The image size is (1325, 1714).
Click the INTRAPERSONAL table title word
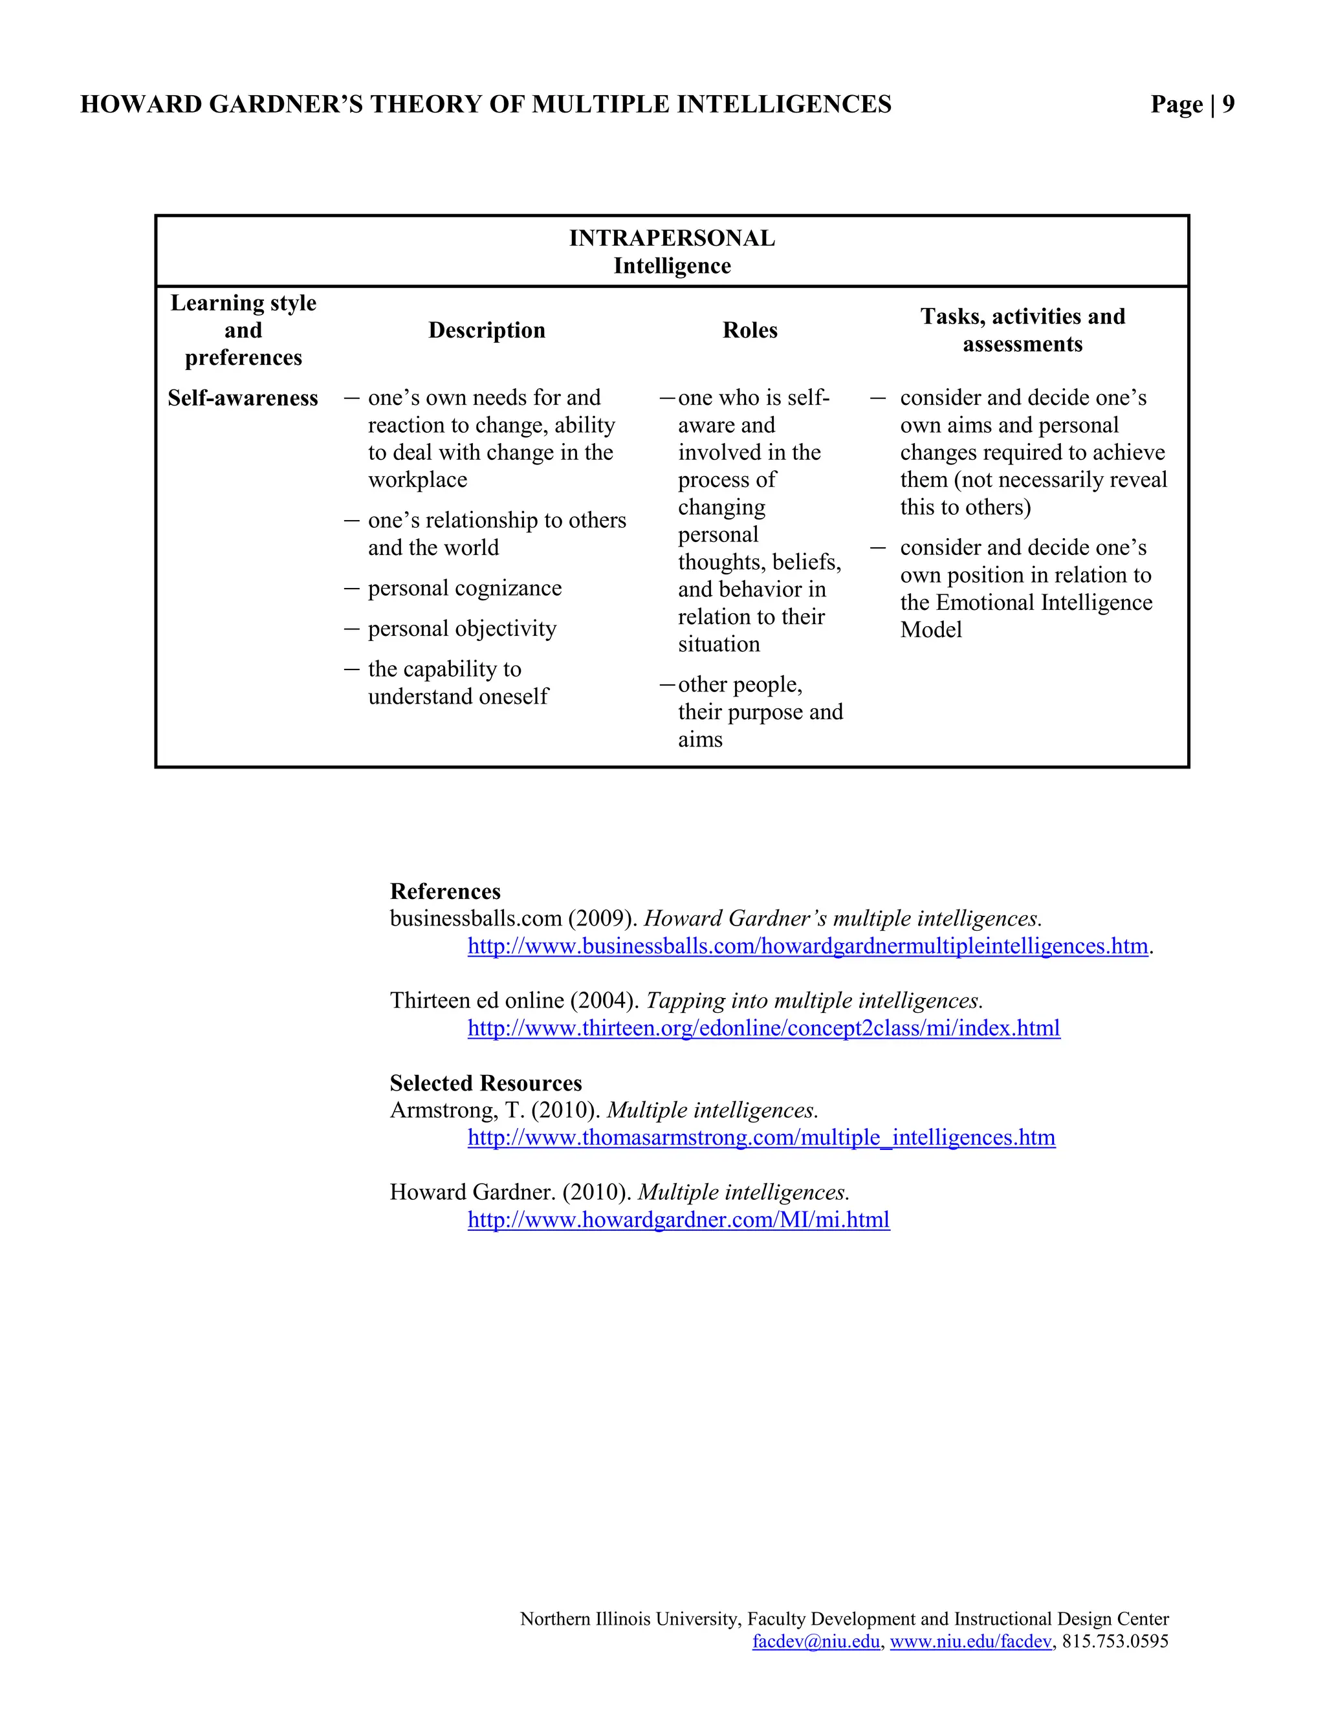[672, 238]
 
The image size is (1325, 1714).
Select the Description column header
[487, 331]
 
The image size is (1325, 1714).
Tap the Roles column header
[750, 331]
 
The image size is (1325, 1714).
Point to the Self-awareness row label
[243, 398]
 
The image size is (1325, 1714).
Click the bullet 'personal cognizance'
[465, 588]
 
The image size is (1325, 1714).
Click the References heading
[445, 891]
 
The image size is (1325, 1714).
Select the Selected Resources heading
[486, 1083]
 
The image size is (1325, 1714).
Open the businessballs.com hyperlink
[807, 946]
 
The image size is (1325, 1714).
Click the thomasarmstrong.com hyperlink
[761, 1137]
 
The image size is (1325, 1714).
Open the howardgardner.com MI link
[678, 1220]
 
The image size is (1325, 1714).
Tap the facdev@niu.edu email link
[816, 1641]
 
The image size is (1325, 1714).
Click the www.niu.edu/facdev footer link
[970, 1641]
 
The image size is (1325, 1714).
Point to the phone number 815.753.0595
[1115, 1641]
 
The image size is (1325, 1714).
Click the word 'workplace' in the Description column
[417, 479]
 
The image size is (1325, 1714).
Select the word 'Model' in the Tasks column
[931, 629]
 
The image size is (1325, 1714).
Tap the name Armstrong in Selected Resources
[442, 1111]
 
